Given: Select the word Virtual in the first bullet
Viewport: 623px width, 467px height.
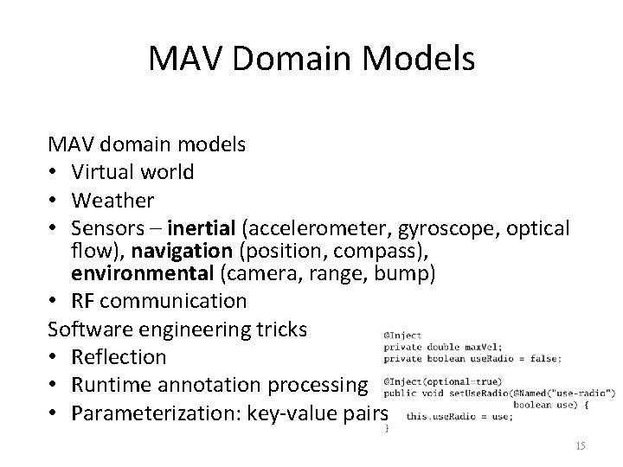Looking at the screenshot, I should pyautogui.click(x=104, y=172).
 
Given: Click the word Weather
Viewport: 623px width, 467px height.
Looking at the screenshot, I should pyautogui.click(x=112, y=200).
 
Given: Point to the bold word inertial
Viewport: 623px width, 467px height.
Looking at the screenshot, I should pyautogui.click(x=204, y=228).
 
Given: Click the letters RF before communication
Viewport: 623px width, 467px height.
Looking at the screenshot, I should pyautogui.click(x=84, y=301).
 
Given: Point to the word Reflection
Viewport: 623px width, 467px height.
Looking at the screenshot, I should pyautogui.click(x=119, y=356).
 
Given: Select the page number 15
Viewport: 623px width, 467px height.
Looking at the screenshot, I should pyautogui.click(x=580, y=445).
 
